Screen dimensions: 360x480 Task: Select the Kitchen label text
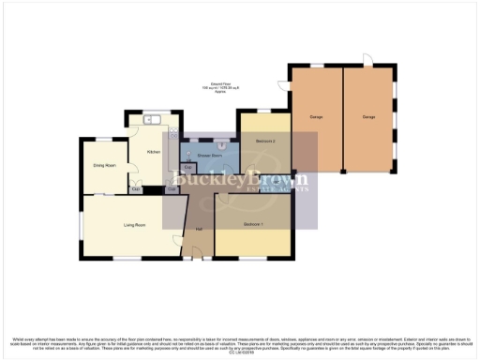[x=155, y=151]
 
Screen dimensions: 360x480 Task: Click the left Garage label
[x=316, y=117]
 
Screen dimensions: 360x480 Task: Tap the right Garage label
[x=369, y=117]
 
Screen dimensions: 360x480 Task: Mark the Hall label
[x=199, y=230]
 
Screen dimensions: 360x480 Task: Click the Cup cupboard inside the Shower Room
[x=188, y=168]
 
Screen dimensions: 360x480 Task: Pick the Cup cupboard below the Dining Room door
[x=136, y=190]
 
